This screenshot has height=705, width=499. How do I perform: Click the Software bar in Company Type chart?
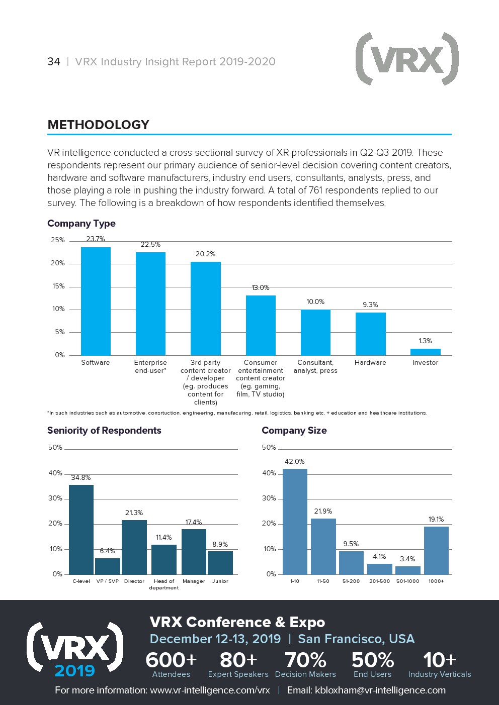click(x=96, y=301)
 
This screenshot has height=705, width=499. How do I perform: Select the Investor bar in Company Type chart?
click(x=425, y=352)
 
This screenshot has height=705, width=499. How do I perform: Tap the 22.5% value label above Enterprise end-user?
click(x=150, y=245)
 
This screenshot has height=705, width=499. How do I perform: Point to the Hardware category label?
click(x=370, y=363)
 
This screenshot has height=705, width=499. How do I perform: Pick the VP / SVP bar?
click(x=108, y=566)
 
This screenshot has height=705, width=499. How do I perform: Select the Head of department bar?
click(x=164, y=559)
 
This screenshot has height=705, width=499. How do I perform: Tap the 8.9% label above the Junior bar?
click(x=220, y=544)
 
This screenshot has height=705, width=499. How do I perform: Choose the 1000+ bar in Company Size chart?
click(x=436, y=550)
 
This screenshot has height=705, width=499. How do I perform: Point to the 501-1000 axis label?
click(x=407, y=581)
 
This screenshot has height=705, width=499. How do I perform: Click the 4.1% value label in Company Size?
click(x=379, y=557)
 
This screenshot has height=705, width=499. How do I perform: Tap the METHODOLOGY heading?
click(x=98, y=125)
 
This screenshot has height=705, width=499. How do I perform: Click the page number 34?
click(x=54, y=62)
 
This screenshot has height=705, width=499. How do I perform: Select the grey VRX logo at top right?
click(x=407, y=59)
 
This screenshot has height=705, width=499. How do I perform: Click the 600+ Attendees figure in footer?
click(x=171, y=664)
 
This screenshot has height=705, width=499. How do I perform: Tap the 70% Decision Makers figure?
click(x=305, y=664)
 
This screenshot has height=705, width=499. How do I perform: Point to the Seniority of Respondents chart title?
click(x=104, y=431)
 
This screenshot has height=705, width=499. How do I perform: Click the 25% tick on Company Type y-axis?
click(x=58, y=240)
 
